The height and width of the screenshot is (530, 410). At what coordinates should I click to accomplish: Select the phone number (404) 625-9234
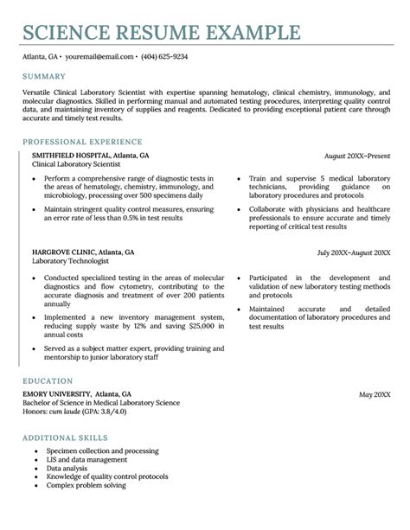pos(164,56)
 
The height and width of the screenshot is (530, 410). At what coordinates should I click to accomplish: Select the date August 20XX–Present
pos(357,156)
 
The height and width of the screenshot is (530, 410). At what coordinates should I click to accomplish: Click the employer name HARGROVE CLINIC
pos(62,252)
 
